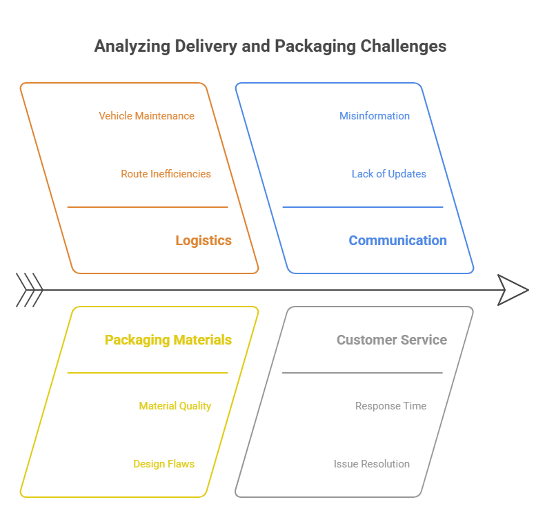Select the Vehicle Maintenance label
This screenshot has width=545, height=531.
(x=146, y=116)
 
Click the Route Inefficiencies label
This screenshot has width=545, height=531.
(x=166, y=174)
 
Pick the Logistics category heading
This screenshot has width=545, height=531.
(x=203, y=241)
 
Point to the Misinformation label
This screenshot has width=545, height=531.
(x=374, y=116)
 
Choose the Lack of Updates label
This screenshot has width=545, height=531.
(x=388, y=174)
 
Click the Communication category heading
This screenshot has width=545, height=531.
(x=397, y=241)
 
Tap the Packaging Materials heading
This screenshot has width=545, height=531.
(x=168, y=340)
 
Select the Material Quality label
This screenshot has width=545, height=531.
(x=175, y=406)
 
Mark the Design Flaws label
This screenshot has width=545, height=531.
(x=163, y=464)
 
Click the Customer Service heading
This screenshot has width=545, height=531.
(x=391, y=340)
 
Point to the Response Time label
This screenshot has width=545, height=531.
(x=390, y=406)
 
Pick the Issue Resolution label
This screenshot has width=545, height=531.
(x=371, y=464)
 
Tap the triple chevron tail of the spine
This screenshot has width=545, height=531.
(x=30, y=290)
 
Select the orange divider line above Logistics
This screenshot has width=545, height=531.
(x=147, y=207)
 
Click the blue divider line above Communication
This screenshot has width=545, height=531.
(x=362, y=207)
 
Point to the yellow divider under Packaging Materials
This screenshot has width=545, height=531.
(x=147, y=373)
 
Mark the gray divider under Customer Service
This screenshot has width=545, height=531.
(x=362, y=373)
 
